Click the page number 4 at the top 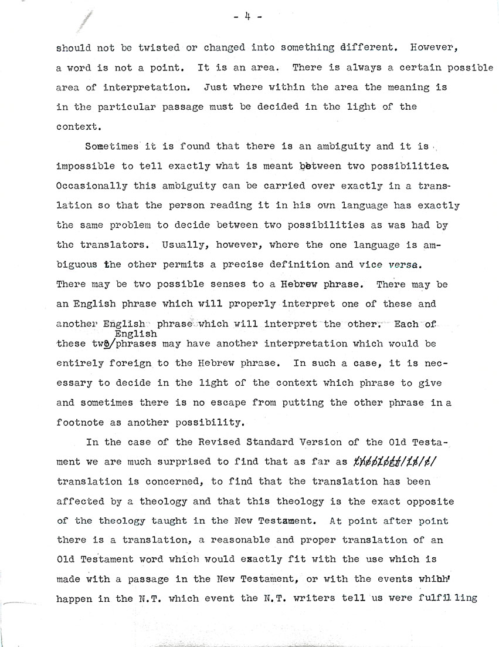(247, 18)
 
